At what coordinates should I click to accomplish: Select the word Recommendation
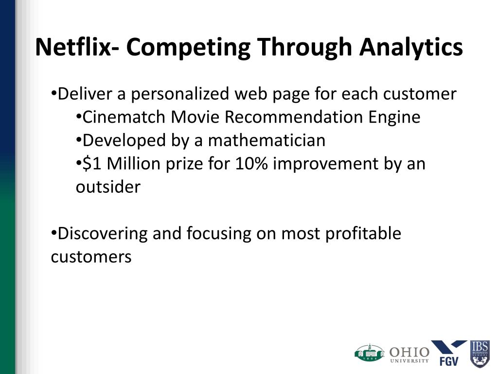point(293,117)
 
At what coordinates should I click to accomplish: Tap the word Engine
point(394,118)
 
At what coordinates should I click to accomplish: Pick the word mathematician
point(267,140)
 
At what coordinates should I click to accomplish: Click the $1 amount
point(91,164)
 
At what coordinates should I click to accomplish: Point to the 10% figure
point(251,164)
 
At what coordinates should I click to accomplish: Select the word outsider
point(108,187)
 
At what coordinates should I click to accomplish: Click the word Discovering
point(103,234)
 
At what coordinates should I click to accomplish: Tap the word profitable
point(363,234)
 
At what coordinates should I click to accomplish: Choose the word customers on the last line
point(91,257)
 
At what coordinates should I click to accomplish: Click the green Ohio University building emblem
point(370,353)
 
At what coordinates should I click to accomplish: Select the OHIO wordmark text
point(409,352)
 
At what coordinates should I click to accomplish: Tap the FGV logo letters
point(449,361)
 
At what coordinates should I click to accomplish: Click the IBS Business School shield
point(480,354)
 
